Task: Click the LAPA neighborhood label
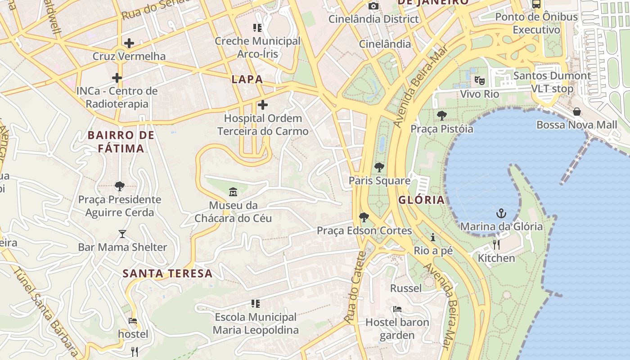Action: pyautogui.click(x=247, y=80)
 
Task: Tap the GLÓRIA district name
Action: pyautogui.click(x=421, y=200)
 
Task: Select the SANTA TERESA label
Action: pyautogui.click(x=167, y=274)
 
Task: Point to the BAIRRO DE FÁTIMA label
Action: pyautogui.click(x=121, y=142)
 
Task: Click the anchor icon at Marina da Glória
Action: pyautogui.click(x=501, y=213)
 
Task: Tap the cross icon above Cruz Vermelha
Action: pyautogui.click(x=129, y=43)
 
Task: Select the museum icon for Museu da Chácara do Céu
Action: pyautogui.click(x=233, y=192)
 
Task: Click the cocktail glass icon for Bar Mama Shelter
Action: pyautogui.click(x=122, y=234)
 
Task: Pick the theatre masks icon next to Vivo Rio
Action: pyautogui.click(x=480, y=81)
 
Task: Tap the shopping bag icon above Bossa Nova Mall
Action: pyautogui.click(x=577, y=112)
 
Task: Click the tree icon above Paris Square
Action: pyautogui.click(x=379, y=167)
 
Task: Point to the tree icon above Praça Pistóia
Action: pyautogui.click(x=441, y=116)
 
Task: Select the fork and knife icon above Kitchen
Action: pyautogui.click(x=496, y=245)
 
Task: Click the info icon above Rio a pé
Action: pyautogui.click(x=433, y=237)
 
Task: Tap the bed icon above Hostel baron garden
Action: pyautogui.click(x=397, y=309)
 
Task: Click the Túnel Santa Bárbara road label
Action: pyautogui.click(x=45, y=310)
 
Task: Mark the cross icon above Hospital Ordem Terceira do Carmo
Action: pyautogui.click(x=263, y=105)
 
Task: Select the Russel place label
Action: pyautogui.click(x=406, y=288)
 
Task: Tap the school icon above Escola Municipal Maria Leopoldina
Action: pyautogui.click(x=256, y=304)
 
